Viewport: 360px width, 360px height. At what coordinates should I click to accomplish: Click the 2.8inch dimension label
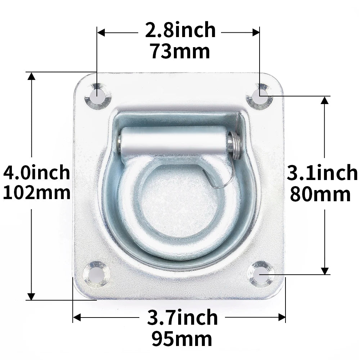tap(180, 30)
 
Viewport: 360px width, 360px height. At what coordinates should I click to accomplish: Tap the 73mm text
tap(180, 51)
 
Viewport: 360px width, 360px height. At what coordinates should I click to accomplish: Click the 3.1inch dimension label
tap(322, 173)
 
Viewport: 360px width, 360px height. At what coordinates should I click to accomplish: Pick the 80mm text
tap(320, 194)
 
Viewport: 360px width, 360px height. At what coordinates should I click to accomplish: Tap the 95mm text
tap(181, 339)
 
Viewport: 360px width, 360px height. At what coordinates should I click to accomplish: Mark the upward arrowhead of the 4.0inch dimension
tap(32, 76)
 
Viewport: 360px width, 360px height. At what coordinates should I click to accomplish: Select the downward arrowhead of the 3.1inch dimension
tap(325, 271)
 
